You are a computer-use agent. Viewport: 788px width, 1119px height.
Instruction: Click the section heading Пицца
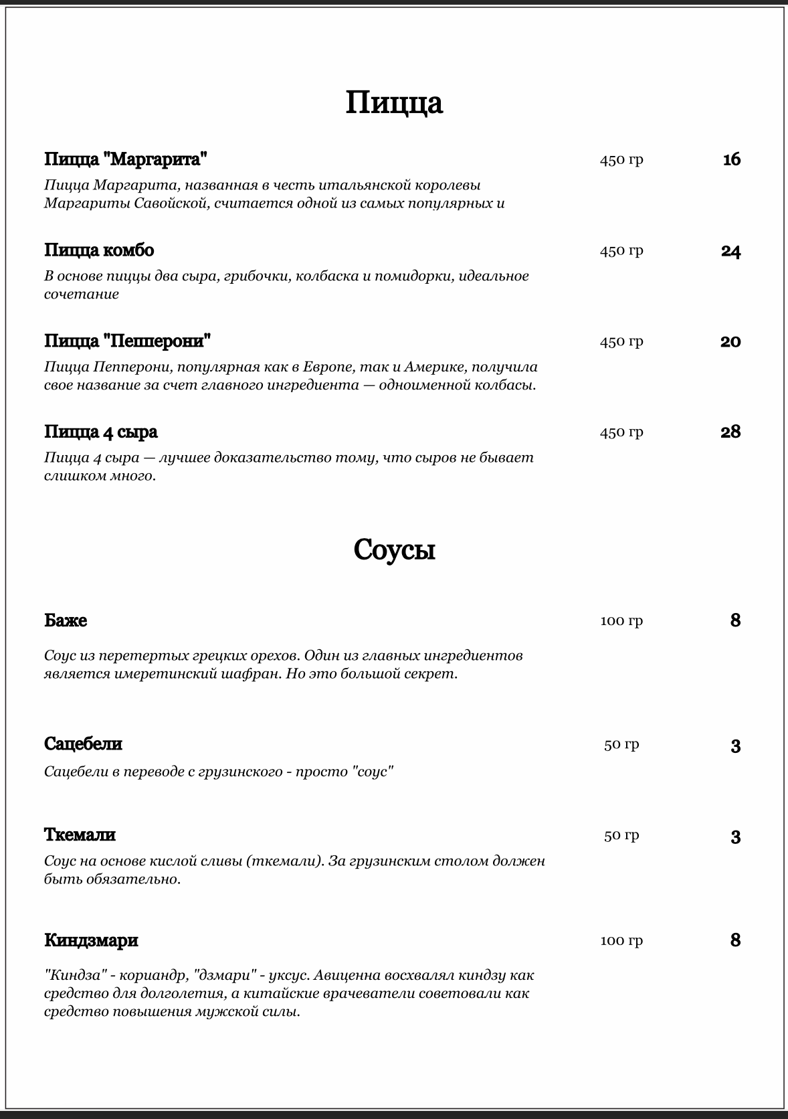click(394, 102)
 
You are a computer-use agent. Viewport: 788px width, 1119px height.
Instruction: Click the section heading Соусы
click(394, 549)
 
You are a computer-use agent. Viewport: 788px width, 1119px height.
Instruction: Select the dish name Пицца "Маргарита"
click(126, 159)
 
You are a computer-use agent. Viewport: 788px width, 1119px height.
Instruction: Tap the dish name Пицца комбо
click(99, 250)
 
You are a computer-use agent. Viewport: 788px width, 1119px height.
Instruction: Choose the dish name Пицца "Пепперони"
click(128, 341)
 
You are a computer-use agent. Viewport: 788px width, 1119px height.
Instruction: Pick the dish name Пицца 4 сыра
click(101, 432)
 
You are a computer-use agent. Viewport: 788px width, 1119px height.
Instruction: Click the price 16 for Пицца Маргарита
click(732, 159)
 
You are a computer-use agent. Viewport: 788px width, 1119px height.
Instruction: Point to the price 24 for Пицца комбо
click(731, 251)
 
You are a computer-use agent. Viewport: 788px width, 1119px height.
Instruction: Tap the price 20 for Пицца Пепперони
click(730, 341)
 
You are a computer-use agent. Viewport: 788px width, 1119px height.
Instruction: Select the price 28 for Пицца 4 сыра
click(730, 432)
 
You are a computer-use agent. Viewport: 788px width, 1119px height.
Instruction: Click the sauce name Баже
click(66, 620)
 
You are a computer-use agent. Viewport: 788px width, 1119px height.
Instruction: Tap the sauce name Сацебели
click(83, 744)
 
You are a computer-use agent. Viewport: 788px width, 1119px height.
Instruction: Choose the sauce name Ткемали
click(80, 835)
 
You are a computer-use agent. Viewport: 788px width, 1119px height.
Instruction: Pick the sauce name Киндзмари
click(91, 940)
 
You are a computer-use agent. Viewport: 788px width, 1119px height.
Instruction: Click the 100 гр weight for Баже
click(621, 620)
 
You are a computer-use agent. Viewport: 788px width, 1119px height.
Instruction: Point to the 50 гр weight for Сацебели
click(621, 744)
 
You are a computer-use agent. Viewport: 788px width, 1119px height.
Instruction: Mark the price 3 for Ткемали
click(736, 837)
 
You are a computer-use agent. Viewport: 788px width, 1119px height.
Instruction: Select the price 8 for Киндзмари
click(736, 940)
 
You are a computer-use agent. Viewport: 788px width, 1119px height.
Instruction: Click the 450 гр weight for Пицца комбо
click(621, 250)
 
